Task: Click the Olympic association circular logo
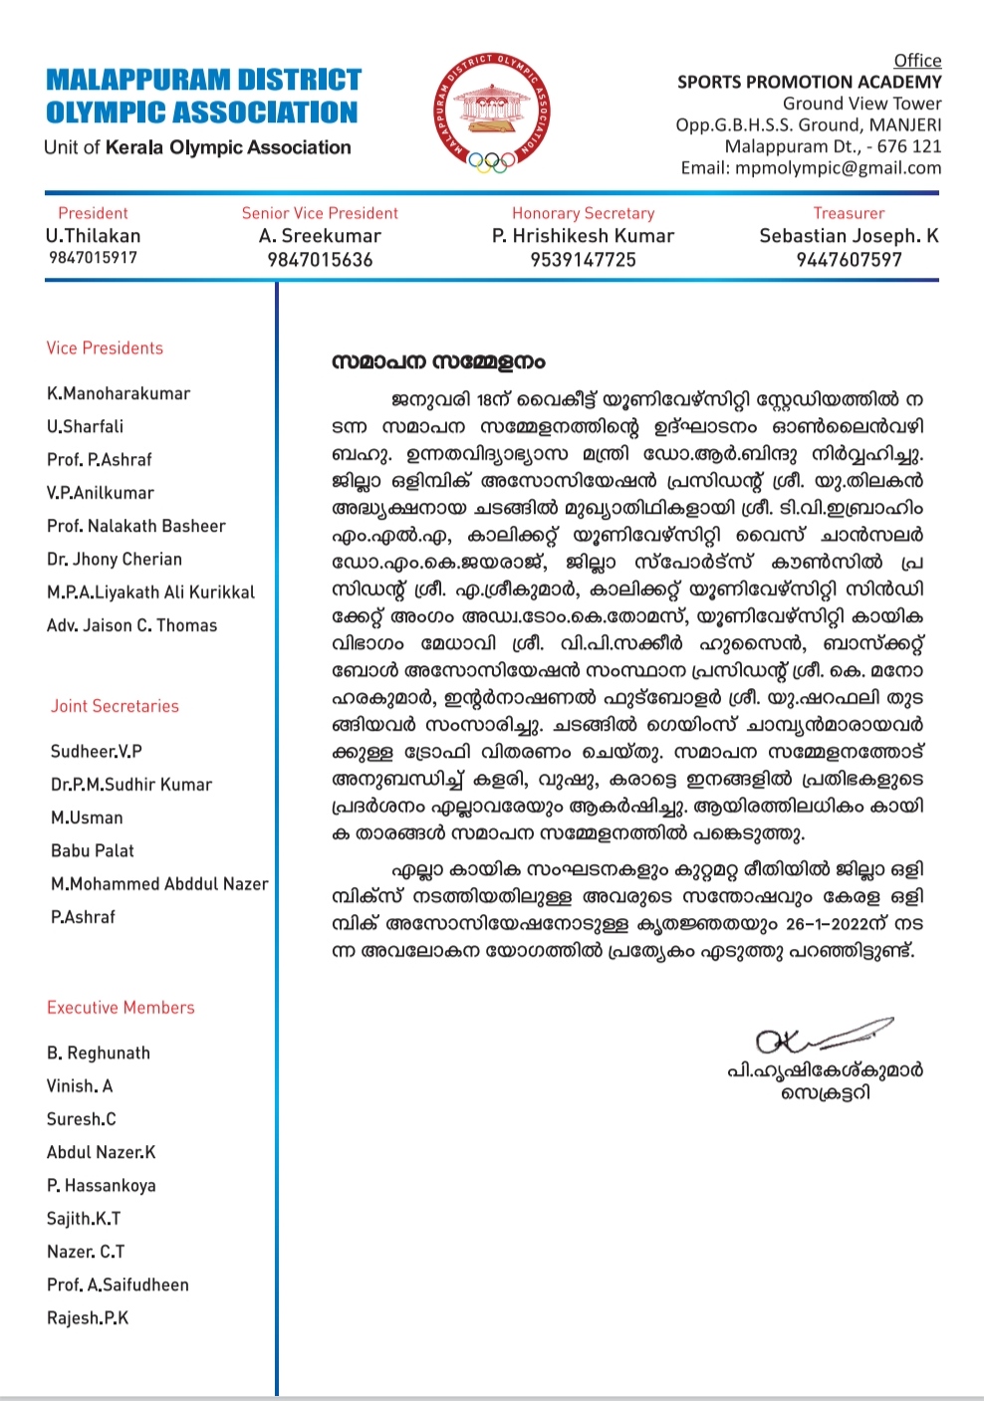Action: [494, 112]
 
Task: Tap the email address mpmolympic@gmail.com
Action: [838, 168]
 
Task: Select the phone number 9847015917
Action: [93, 258]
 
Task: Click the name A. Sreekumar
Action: [320, 236]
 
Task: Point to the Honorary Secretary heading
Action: [583, 213]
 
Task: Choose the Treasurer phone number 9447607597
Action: [849, 260]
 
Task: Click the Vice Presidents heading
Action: [105, 349]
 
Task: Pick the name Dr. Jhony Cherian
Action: [115, 560]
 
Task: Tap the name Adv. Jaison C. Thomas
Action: [131, 625]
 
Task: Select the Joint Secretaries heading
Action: [115, 706]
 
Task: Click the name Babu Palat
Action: [93, 851]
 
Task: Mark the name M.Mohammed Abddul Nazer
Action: [159, 884]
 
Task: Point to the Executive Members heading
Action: [121, 1008]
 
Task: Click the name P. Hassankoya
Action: [102, 1186]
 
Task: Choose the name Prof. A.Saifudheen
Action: [118, 1285]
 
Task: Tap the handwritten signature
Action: [822, 1037]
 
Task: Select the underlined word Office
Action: [917, 61]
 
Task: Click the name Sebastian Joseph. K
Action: [849, 236]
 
